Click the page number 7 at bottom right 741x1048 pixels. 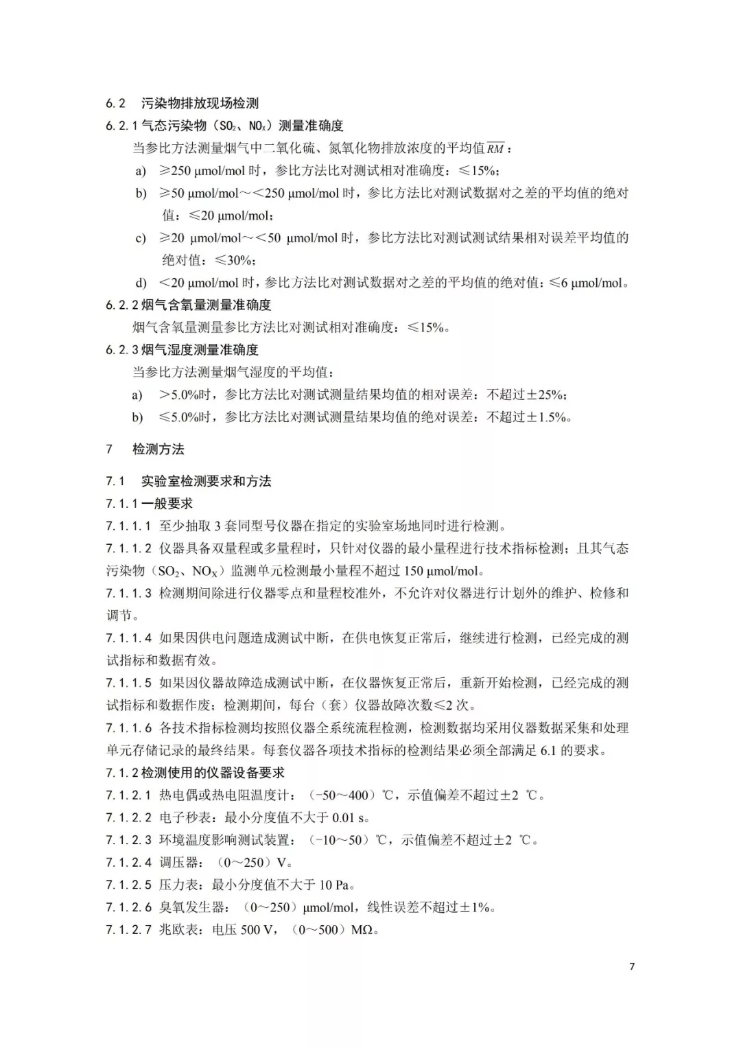click(x=632, y=966)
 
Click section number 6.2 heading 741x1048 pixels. click(x=115, y=104)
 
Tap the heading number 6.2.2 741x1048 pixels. click(x=121, y=305)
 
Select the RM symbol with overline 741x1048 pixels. click(x=495, y=148)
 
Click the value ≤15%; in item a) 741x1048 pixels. click(x=479, y=171)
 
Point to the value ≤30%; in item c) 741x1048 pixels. click(x=235, y=260)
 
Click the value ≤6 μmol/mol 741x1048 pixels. click(x=588, y=283)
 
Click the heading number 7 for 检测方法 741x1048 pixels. click(x=109, y=450)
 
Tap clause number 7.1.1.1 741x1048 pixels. click(x=128, y=526)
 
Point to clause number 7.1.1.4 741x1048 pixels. click(x=128, y=638)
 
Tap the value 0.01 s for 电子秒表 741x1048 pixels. click(x=350, y=817)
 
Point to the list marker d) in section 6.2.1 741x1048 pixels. click(x=141, y=283)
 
